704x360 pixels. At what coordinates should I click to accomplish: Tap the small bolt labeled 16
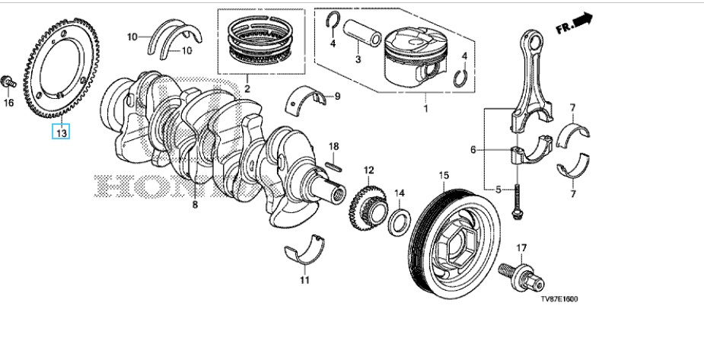pos(8,81)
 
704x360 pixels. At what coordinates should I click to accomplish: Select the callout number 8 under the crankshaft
pos(195,205)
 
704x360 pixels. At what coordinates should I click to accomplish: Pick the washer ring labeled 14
pos(399,225)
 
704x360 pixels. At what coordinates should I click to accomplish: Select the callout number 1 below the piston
pos(425,108)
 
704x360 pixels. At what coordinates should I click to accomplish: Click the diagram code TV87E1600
pos(559,299)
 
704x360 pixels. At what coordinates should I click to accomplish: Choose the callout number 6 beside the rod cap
pos(473,151)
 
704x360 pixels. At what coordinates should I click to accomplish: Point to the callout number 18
pos(333,145)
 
